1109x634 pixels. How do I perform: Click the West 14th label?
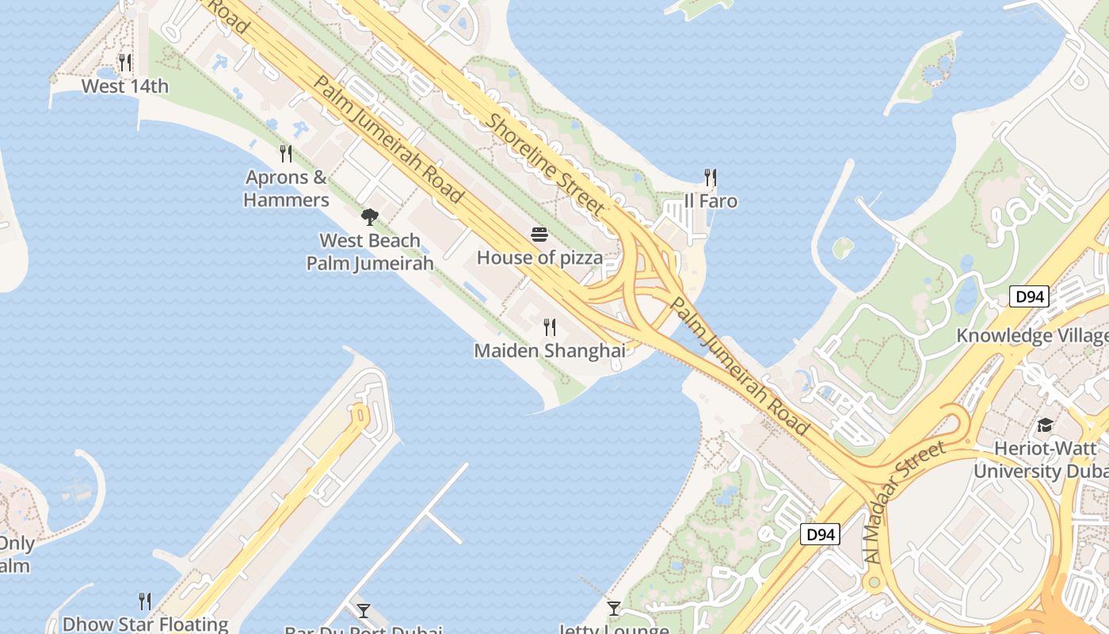(x=125, y=86)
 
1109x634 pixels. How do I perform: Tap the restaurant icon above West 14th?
(x=125, y=62)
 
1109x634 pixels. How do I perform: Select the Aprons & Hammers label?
(x=286, y=189)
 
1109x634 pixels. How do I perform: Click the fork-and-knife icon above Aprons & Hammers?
(x=286, y=153)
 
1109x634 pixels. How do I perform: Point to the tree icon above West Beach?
(x=369, y=217)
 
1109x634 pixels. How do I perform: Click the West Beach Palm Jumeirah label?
(x=370, y=251)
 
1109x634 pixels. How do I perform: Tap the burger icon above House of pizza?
(x=539, y=235)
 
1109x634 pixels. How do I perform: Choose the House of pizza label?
(x=539, y=258)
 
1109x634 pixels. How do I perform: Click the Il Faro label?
(x=711, y=201)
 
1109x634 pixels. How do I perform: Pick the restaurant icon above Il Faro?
(x=711, y=178)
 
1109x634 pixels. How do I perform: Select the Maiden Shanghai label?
(x=550, y=350)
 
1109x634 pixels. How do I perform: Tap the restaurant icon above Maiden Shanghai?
(x=550, y=327)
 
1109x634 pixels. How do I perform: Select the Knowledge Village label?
(x=1031, y=335)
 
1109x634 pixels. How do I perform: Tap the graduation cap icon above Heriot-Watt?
(x=1045, y=426)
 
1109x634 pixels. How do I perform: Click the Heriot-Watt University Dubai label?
(x=1040, y=460)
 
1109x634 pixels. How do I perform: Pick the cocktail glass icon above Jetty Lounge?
(x=614, y=609)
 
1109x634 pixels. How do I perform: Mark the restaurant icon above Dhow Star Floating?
(x=145, y=601)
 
